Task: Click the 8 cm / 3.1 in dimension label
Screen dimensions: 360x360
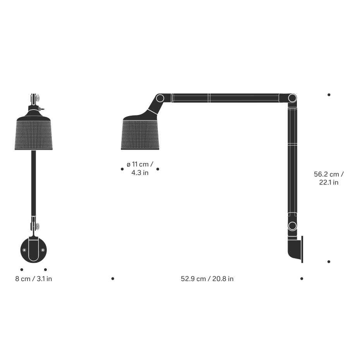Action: (x=33, y=279)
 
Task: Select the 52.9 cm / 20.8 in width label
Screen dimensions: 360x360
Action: (x=207, y=279)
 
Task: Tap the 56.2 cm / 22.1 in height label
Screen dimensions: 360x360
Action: (x=329, y=178)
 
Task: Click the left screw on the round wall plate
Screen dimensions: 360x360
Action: (x=24, y=250)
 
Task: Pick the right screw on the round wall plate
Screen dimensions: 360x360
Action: (x=43, y=250)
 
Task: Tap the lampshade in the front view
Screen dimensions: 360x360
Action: (x=34, y=134)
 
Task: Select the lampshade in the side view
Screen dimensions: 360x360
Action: (x=140, y=134)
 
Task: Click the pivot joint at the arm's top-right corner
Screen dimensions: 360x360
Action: (x=292, y=98)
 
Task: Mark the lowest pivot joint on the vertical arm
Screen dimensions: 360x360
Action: (x=292, y=226)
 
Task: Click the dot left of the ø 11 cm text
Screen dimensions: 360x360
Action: (x=122, y=169)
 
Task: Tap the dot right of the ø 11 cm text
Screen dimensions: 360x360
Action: (x=158, y=169)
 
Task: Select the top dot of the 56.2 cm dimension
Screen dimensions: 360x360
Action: (x=329, y=94)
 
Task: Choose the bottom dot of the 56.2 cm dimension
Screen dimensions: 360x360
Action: (x=329, y=262)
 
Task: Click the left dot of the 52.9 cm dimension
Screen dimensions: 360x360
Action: (x=113, y=278)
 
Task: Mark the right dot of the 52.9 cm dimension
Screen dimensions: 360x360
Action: (x=302, y=278)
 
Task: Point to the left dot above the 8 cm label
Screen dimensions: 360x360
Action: (x=22, y=269)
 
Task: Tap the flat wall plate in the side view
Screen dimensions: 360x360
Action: (x=302, y=250)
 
